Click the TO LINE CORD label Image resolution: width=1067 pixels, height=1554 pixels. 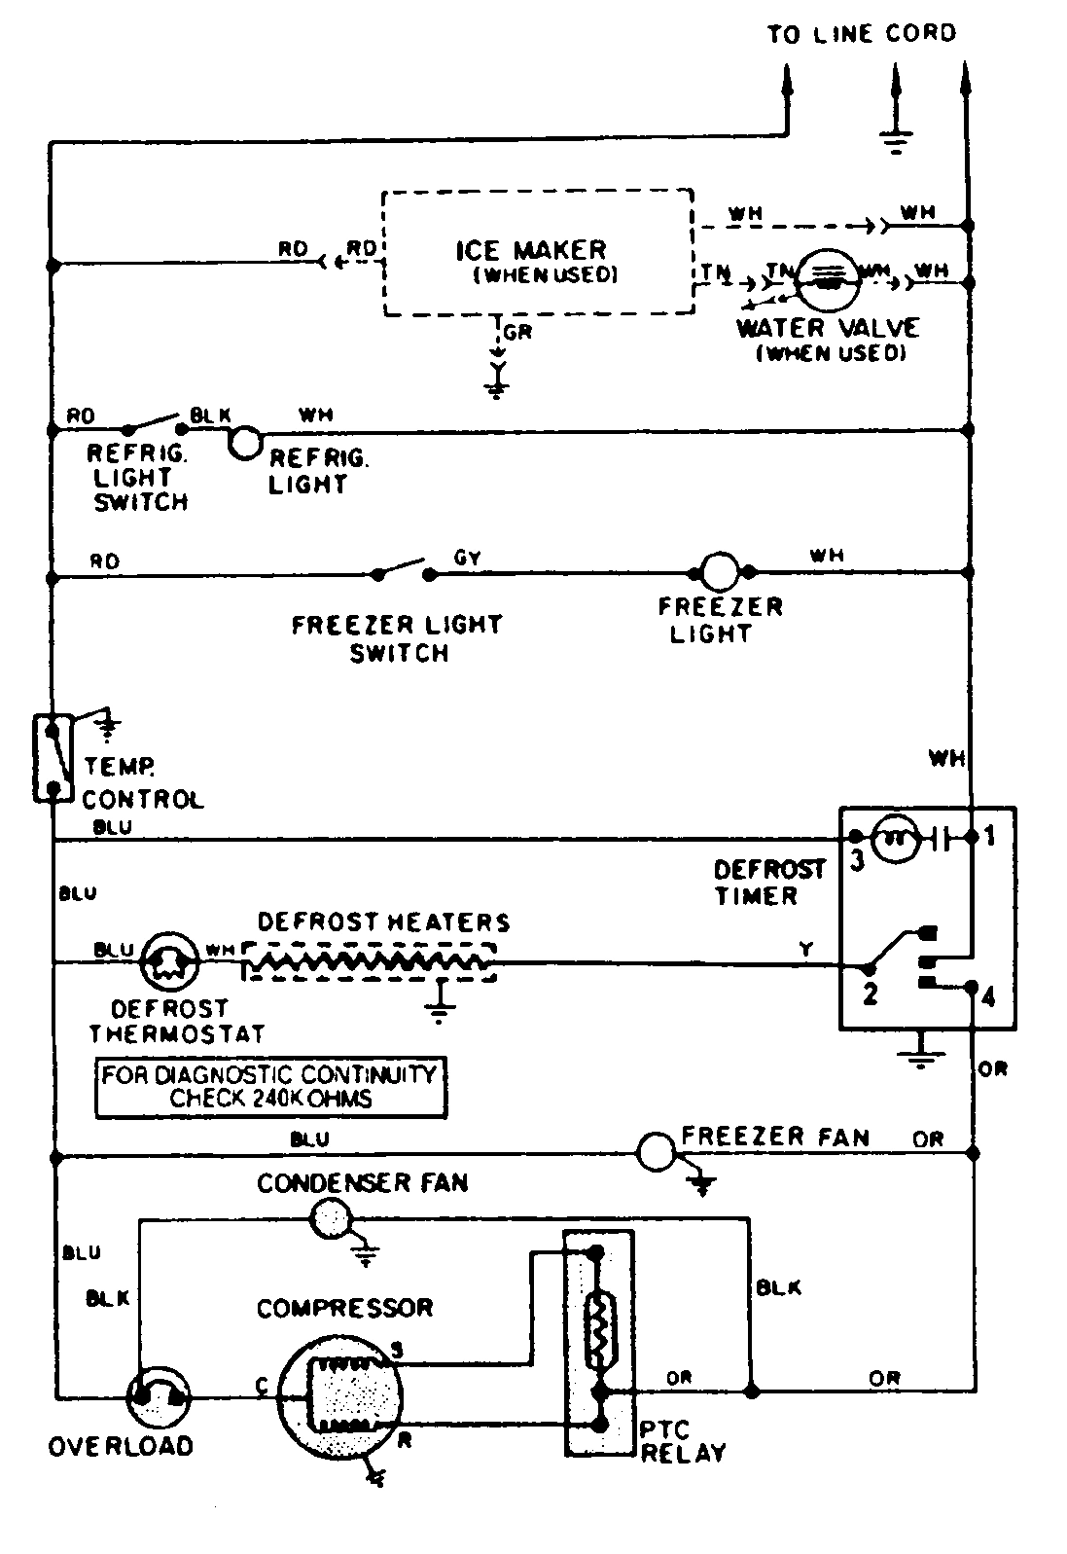coord(861,34)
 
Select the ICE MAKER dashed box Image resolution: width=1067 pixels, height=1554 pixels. coord(538,253)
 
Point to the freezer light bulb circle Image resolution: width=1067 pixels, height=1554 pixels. coord(720,572)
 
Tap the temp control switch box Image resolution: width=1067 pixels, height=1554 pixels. coord(53,757)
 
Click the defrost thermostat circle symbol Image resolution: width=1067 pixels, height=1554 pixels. coord(169,962)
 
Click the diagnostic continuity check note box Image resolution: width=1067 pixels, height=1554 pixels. coord(270,1087)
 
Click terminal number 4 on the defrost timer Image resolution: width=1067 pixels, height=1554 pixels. coord(989,997)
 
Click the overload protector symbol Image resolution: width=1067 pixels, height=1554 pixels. coord(159,1397)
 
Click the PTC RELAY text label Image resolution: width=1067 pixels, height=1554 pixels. coord(682,1442)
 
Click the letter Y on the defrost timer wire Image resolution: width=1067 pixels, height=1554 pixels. coord(805,950)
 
